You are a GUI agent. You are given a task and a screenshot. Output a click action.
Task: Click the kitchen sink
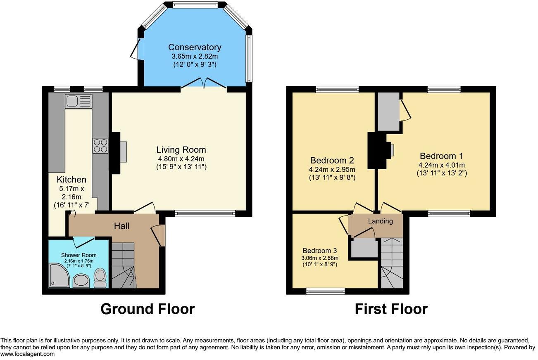[x=79, y=100]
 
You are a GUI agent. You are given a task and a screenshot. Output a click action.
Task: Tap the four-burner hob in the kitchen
[x=100, y=145]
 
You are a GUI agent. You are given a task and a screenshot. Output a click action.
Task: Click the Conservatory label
[x=195, y=47]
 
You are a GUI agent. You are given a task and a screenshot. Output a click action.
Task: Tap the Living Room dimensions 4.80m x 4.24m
[x=181, y=159]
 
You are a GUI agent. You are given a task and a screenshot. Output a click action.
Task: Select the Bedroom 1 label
[x=441, y=156]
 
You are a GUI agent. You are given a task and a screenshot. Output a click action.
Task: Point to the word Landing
[x=380, y=221]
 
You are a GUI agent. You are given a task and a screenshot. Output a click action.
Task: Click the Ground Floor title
[x=148, y=309]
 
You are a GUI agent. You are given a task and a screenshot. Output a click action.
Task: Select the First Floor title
[x=391, y=309]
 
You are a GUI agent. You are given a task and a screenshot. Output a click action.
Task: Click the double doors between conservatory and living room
[x=203, y=84]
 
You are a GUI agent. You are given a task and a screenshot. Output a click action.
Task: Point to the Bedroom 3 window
[x=326, y=291]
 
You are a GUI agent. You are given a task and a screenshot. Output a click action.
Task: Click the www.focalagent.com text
[x=28, y=354]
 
